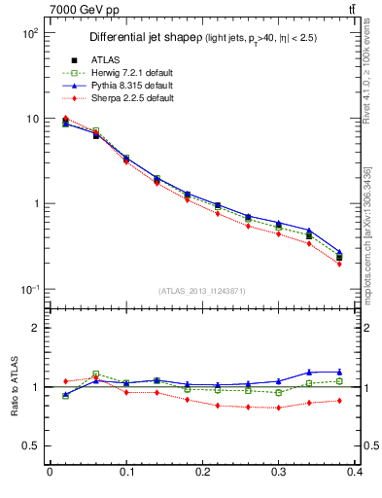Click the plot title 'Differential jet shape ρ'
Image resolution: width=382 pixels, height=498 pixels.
pos(145,38)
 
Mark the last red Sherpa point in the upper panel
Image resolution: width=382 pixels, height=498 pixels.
pos(339,264)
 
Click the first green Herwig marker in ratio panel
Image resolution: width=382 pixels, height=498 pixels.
pos(65,396)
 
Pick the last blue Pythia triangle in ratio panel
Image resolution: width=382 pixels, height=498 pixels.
pos(339,372)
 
